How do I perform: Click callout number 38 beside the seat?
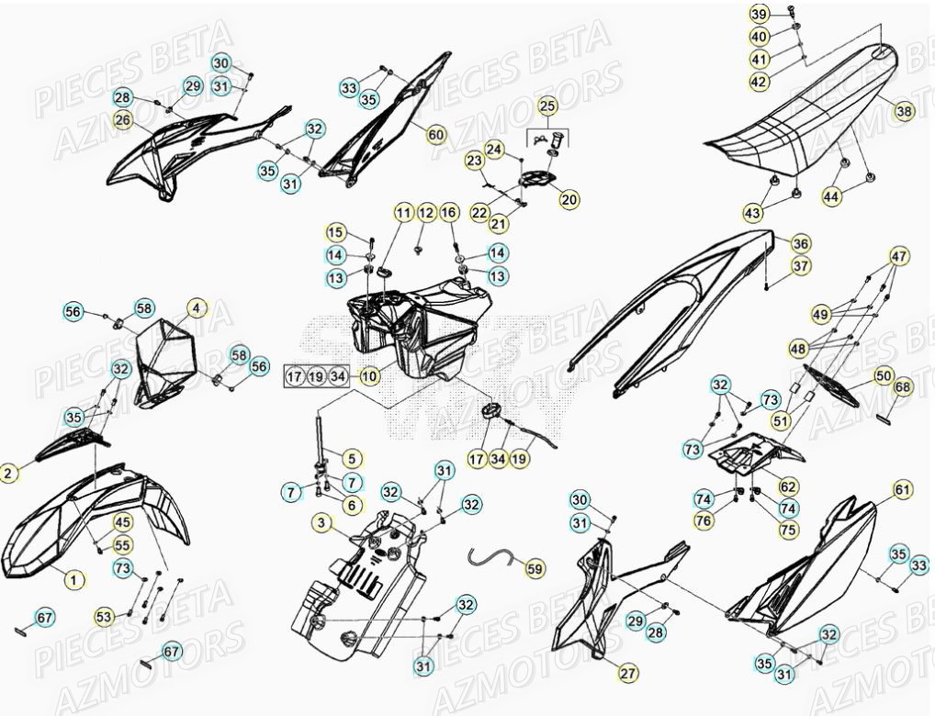tap(905, 111)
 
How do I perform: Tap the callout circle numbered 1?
tap(74, 578)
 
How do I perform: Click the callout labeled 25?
tap(547, 106)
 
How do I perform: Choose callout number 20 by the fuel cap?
tap(569, 199)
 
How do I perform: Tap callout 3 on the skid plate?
tap(321, 523)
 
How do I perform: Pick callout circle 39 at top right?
tap(759, 15)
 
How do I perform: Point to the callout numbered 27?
tap(627, 673)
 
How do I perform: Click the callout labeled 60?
tap(435, 135)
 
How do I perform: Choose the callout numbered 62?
tap(788, 486)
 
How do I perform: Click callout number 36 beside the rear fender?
tap(800, 244)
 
